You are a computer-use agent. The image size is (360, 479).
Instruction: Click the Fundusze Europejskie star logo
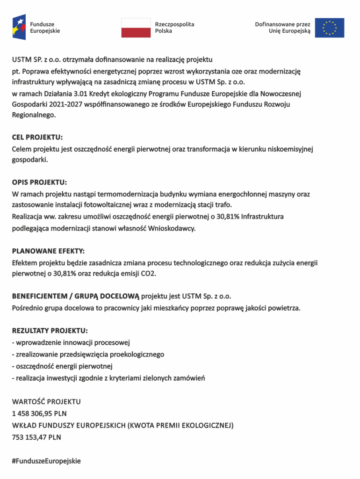[19, 27]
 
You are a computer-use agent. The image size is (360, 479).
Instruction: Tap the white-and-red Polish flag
[136, 28]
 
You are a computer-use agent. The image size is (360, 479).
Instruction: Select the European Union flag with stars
[330, 28]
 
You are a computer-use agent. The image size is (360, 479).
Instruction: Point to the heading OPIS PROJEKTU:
[39, 182]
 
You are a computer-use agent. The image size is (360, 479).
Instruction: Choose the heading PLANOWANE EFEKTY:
[49, 251]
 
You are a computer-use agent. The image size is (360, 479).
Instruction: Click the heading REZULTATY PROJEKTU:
[50, 330]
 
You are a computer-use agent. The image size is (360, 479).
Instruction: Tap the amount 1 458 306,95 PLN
[39, 414]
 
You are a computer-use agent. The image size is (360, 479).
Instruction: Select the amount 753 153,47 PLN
[36, 437]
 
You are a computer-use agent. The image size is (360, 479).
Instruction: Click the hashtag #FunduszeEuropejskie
[46, 461]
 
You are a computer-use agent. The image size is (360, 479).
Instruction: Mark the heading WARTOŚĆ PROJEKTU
[46, 401]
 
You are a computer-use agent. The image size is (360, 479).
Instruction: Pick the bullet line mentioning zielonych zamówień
[108, 377]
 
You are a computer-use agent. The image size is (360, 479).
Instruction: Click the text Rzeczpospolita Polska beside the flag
[174, 28]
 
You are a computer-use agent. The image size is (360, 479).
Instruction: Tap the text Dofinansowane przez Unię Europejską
[282, 28]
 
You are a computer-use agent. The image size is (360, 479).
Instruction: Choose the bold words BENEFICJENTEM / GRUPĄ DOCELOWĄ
[76, 296]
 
